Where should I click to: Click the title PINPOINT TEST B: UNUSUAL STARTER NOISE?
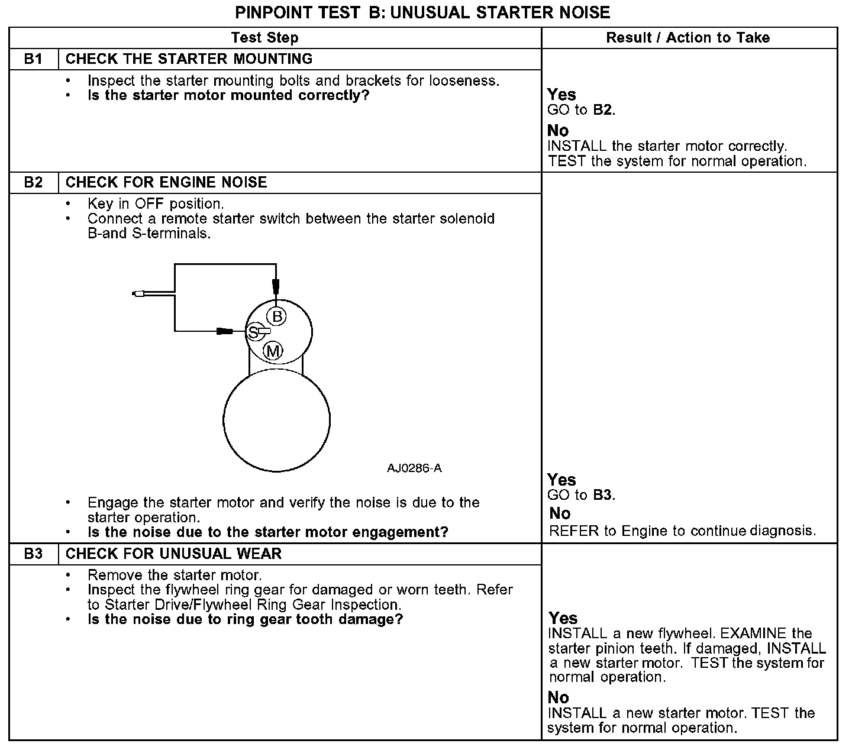point(422,12)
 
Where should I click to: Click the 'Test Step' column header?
point(264,38)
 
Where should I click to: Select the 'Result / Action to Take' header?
point(688,38)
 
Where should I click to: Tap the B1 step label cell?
point(34,59)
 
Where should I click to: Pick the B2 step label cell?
point(34,182)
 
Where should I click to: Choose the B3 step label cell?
point(34,554)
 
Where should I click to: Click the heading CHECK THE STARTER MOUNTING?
point(189,59)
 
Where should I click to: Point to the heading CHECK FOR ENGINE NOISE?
point(166,182)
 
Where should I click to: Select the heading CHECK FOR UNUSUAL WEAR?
point(173,554)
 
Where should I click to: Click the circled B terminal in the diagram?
point(277,315)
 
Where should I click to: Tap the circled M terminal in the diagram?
point(273,351)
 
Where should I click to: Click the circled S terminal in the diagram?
point(253,332)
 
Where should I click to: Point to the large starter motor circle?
point(276,420)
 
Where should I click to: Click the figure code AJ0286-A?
point(414,468)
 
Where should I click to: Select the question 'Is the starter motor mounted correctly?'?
point(228,95)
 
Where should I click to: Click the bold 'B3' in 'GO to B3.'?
point(603,495)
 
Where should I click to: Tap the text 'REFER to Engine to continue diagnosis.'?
point(682,531)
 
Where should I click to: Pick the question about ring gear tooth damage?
point(245,619)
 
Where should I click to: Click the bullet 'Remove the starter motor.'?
point(175,575)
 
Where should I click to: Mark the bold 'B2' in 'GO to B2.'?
point(603,110)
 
